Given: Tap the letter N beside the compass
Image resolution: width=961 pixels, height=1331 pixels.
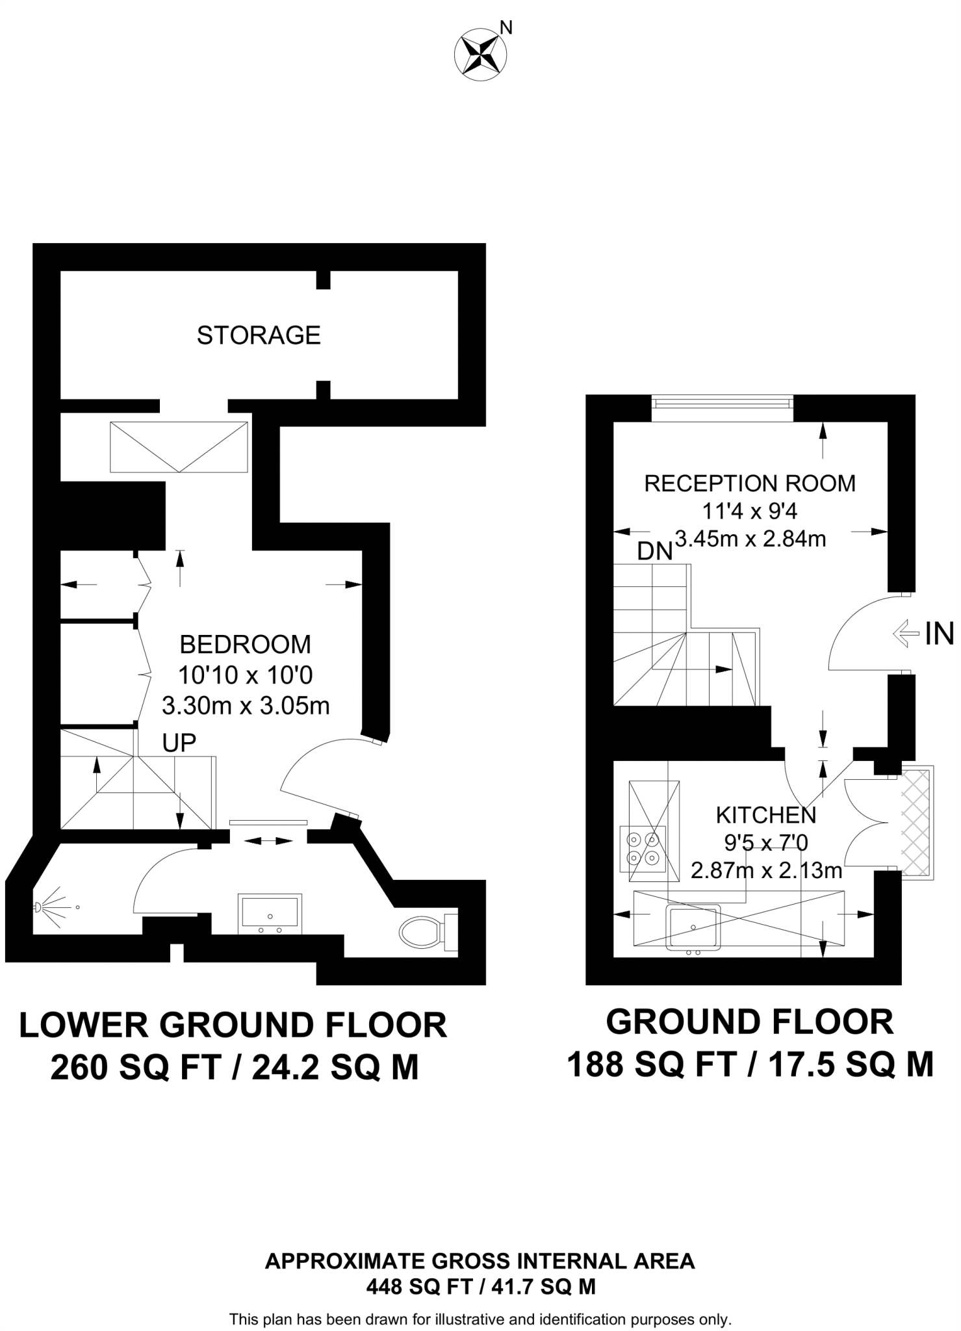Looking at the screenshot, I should pos(506,27).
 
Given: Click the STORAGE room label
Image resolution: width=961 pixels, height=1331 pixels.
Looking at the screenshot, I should pos(259,335).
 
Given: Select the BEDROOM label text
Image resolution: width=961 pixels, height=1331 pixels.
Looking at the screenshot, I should pos(245,645).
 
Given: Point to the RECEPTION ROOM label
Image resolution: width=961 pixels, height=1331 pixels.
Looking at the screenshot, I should pos(750,484).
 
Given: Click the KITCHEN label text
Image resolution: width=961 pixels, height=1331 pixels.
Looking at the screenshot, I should pos(766,814).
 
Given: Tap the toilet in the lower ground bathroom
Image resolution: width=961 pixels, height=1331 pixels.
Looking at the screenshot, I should pos(422,932).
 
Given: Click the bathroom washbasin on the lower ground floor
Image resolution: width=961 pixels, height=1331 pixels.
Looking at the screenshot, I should pos(270,913).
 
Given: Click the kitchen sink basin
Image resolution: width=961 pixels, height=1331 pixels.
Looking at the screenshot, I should pos(693,926).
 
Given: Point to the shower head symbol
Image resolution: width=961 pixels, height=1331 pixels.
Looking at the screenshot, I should pos(40,907).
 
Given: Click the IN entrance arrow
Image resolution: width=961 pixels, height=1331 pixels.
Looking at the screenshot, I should pos(909,634).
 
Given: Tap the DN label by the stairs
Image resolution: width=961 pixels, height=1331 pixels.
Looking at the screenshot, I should pos(654,552).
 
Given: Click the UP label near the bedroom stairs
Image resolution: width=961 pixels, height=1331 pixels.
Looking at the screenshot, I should pos(179,743).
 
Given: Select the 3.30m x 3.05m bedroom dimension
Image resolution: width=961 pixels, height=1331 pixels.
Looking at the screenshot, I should pos(246,706).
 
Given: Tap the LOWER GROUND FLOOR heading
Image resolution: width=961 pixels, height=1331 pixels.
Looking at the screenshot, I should pos(233,1026).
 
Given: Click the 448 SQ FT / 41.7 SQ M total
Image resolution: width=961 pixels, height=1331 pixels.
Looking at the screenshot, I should pos(480,1287).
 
